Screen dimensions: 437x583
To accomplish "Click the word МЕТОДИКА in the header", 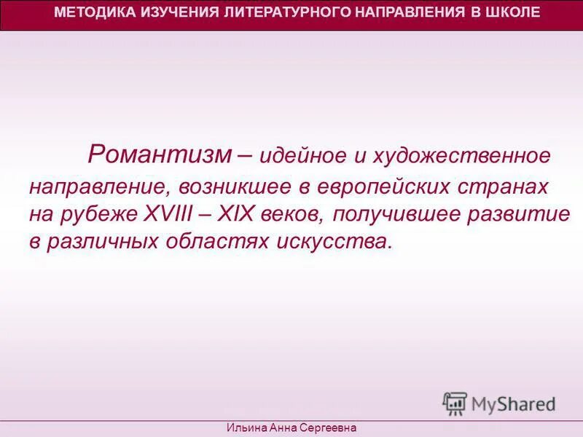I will pos(88,12).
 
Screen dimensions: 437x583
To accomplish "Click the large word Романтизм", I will pos(160,154).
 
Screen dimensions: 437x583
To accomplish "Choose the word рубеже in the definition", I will pos(109,214).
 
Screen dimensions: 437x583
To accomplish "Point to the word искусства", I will pos(335,242).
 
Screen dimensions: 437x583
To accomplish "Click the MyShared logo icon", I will pos(455,403).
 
